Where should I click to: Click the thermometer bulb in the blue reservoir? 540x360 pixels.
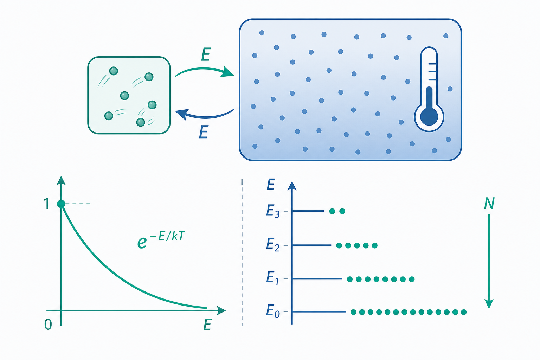tap(429, 116)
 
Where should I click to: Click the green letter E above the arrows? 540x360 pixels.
tap(206, 54)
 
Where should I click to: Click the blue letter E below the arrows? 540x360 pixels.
tap(204, 132)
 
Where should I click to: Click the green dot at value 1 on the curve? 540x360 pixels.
tap(61, 204)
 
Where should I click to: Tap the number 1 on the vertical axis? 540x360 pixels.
tap(47, 204)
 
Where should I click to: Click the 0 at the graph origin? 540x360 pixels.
tap(48, 324)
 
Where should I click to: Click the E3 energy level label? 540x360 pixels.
tap(273, 211)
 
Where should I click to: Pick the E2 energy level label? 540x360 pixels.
tap(273, 245)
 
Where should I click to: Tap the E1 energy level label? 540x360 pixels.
tap(272, 278)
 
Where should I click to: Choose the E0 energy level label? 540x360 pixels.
tap(273, 311)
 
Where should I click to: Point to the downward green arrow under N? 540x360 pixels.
tap(489, 261)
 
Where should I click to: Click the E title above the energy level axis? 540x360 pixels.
tap(271, 185)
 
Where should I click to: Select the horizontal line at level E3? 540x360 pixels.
tap(308, 211)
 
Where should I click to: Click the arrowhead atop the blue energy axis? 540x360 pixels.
tap(292, 186)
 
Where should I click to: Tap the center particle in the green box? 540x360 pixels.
tap(124, 96)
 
